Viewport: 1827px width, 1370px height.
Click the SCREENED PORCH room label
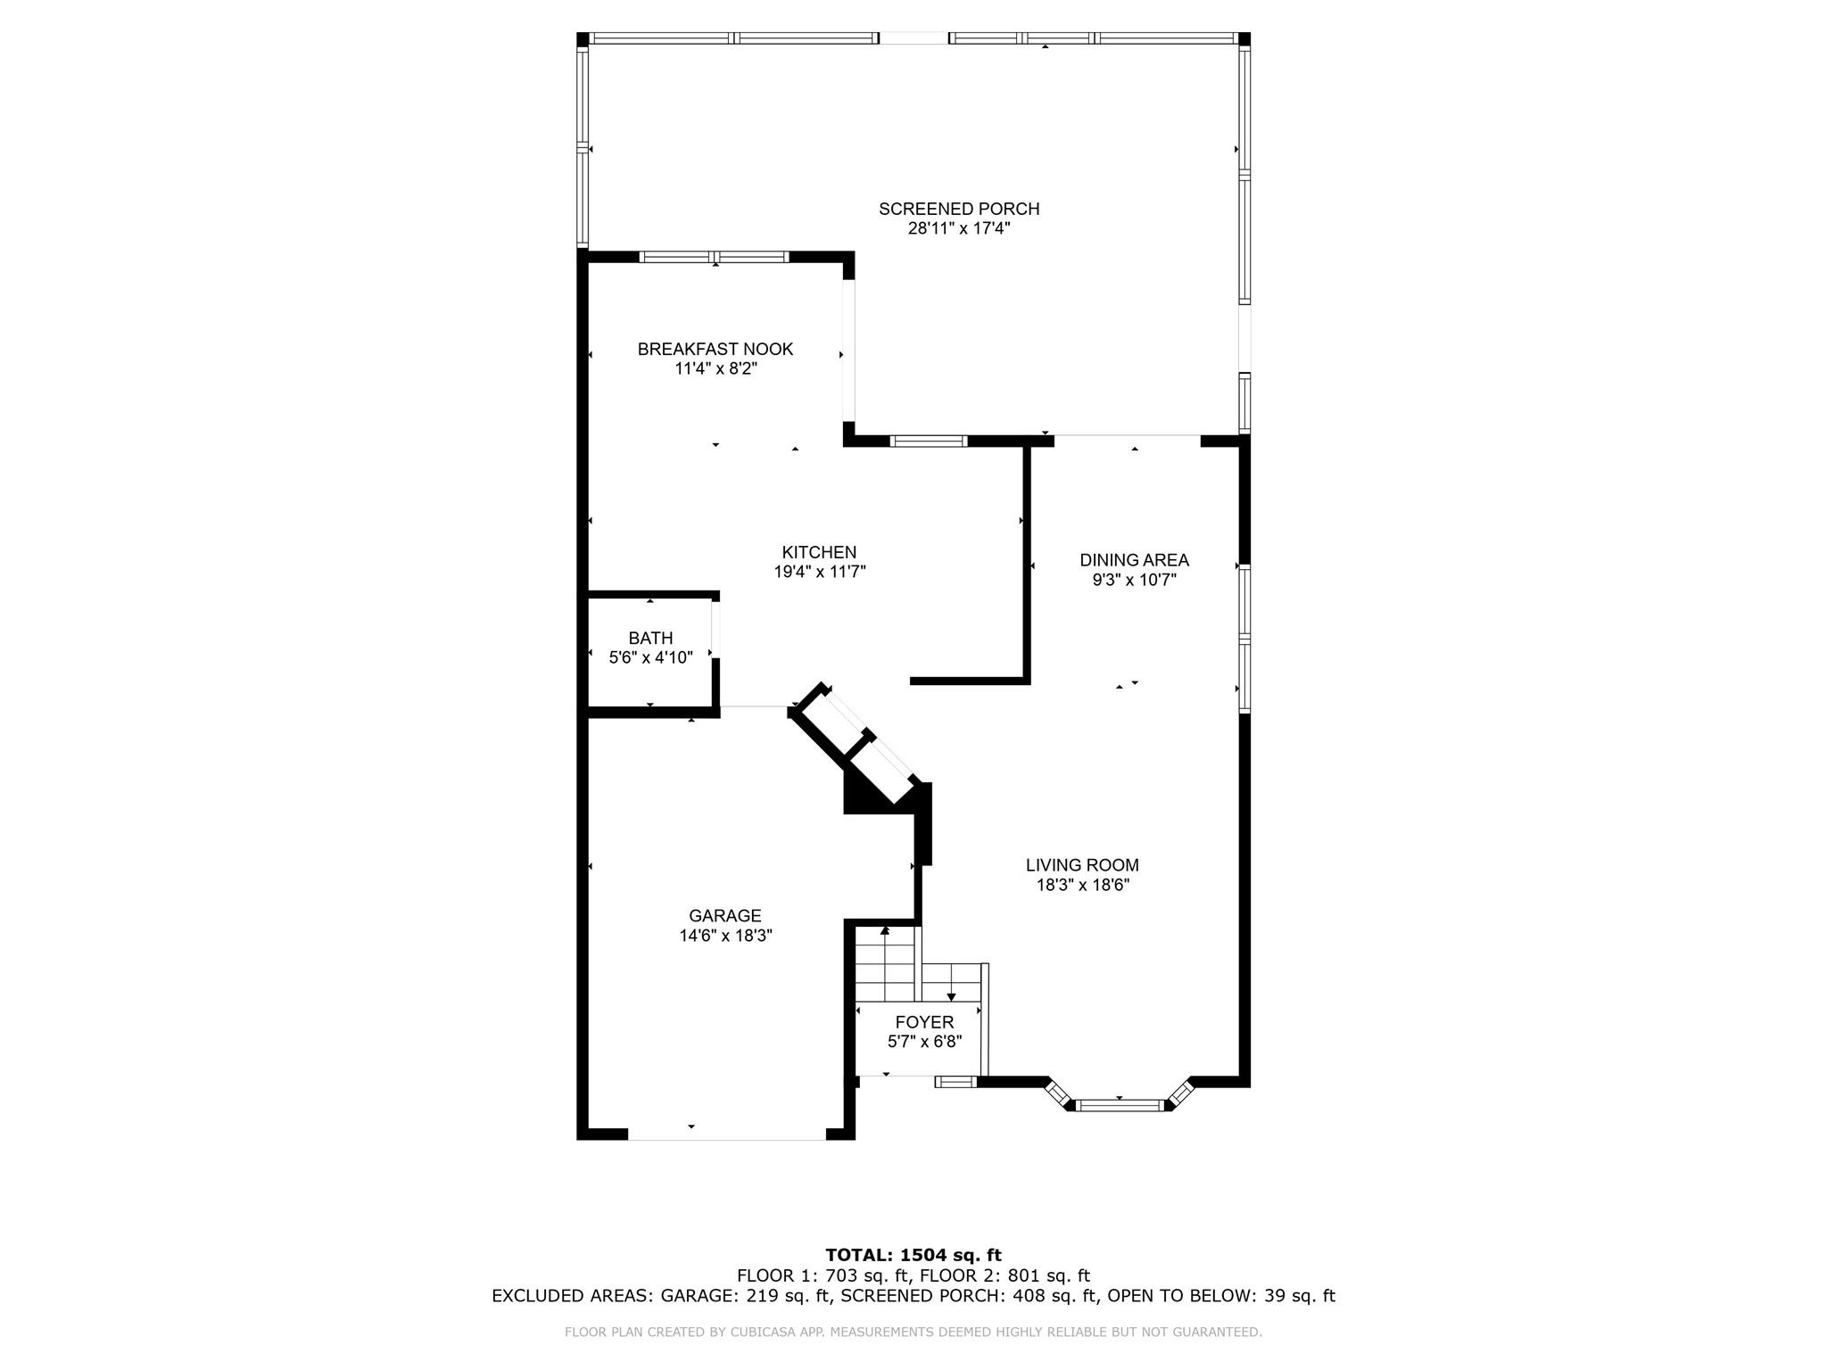tap(959, 209)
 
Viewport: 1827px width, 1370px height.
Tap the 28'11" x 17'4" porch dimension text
tap(959, 228)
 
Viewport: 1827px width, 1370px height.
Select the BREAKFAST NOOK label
tap(715, 349)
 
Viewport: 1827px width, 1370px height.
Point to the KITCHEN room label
tap(819, 552)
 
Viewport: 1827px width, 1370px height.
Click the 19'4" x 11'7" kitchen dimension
tap(820, 572)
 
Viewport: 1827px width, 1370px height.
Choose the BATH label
tap(650, 638)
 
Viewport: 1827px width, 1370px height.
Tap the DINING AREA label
tap(1134, 560)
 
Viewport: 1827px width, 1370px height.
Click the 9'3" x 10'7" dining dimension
tap(1134, 580)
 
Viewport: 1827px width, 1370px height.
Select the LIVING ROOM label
tap(1082, 865)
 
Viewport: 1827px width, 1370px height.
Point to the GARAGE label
tap(725, 916)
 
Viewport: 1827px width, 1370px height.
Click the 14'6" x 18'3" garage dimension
tap(725, 936)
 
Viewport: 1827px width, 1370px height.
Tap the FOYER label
tap(924, 1022)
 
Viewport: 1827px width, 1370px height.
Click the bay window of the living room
tap(1119, 1099)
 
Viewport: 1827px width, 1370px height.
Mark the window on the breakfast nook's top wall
tap(715, 257)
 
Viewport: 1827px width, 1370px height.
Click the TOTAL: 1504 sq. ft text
tap(913, 1256)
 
